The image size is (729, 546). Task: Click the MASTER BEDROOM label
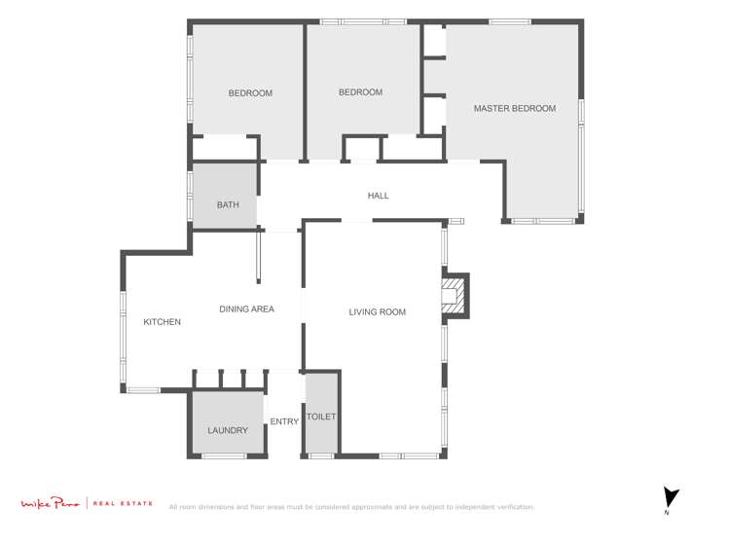coord(514,109)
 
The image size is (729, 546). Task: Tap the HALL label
coord(378,196)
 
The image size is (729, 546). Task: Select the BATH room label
coord(228,205)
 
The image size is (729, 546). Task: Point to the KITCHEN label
coord(162,322)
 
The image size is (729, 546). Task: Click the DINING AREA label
coord(246,309)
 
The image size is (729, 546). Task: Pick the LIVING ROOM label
coord(377,312)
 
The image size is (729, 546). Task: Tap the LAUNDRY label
coord(228,430)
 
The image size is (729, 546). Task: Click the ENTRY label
coord(284,421)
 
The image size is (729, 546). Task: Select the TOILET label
coord(321,417)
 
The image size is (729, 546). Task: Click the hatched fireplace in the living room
coord(452,296)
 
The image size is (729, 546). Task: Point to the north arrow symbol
coord(670,496)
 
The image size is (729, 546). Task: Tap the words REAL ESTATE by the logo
coord(123,503)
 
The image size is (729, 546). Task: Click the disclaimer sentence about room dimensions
coord(351,507)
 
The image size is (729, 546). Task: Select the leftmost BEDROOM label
coord(250,93)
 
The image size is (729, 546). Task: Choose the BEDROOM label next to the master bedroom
coord(360,92)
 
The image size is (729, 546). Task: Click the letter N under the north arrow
coord(667,513)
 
